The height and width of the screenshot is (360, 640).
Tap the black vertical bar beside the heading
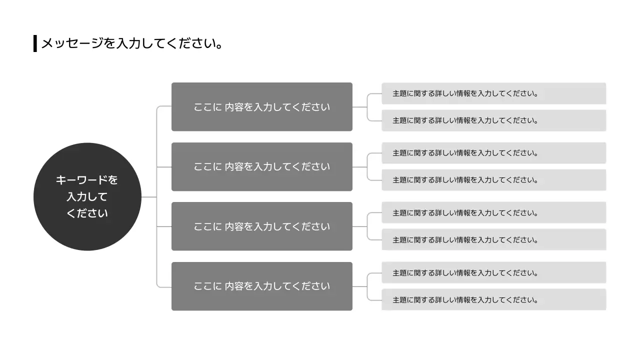click(35, 43)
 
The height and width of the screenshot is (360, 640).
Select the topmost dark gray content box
click(261, 107)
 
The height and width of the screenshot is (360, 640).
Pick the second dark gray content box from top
click(261, 166)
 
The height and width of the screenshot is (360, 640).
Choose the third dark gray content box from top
click(261, 226)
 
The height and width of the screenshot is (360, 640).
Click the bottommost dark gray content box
click(261, 286)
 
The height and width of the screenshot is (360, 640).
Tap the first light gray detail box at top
click(493, 93)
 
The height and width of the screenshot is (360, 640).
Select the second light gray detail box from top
click(493, 120)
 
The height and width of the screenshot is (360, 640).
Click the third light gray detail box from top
click(493, 153)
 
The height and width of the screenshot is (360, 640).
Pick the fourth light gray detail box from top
click(493, 180)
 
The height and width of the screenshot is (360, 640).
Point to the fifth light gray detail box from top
click(493, 213)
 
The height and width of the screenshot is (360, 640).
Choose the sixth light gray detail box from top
click(493, 240)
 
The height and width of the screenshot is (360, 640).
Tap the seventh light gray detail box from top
click(493, 273)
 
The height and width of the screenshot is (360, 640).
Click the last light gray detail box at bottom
click(493, 300)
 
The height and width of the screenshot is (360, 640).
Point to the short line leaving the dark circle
click(149, 197)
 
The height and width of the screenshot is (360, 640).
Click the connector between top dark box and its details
click(360, 107)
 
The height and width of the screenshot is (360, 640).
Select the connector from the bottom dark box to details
click(360, 286)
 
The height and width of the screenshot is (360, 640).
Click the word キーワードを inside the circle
click(87, 180)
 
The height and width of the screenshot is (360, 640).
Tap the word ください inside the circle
click(87, 213)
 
